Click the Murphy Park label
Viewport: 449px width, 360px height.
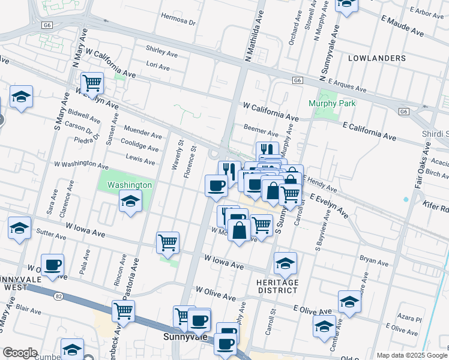pos(332,103)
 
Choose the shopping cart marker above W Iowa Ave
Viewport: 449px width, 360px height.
pos(167,242)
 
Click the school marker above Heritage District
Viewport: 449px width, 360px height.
pos(286,262)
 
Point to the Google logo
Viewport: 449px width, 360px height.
pos(20,353)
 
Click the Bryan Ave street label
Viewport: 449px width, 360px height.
pos(375,260)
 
